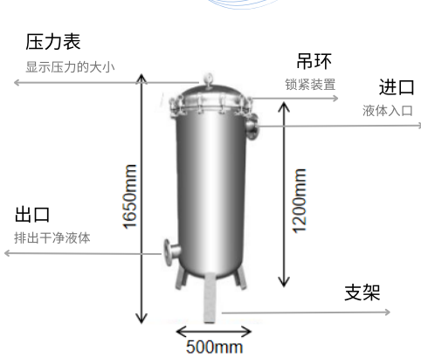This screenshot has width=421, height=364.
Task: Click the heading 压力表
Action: pyautogui.click(x=53, y=42)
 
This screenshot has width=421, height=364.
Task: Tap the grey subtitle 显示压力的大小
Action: pyautogui.click(x=70, y=67)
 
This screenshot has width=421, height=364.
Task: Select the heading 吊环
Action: pyautogui.click(x=314, y=61)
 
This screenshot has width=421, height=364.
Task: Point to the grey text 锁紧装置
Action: pyautogui.click(x=310, y=85)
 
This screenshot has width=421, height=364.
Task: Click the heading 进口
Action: pyautogui.click(x=397, y=87)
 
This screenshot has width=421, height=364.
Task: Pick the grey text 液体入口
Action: pyautogui.click(x=388, y=111)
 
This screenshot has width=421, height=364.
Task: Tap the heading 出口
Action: pyautogui.click(x=32, y=215)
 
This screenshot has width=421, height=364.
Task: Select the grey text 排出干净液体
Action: pyautogui.click(x=52, y=237)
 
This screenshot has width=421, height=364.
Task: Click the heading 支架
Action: pyautogui.click(x=362, y=292)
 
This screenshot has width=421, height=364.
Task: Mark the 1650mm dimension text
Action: pyautogui.click(x=129, y=196)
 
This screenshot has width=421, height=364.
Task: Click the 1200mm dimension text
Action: pyautogui.click(x=300, y=201)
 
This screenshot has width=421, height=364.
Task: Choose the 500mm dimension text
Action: pyautogui.click(x=214, y=347)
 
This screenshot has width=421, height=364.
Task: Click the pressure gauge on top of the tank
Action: pyautogui.click(x=208, y=80)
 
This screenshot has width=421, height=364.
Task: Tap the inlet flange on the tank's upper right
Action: pyautogui.click(x=252, y=127)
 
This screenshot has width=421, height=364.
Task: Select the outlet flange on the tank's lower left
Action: pyautogui.click(x=171, y=251)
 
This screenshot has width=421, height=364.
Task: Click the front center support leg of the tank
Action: pyautogui.click(x=210, y=298)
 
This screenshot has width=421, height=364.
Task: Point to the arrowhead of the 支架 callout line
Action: pyautogui.click(x=388, y=312)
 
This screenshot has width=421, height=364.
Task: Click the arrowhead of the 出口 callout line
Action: pyautogui.click(x=7, y=253)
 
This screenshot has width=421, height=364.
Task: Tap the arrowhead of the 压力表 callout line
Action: pyautogui.click(x=17, y=83)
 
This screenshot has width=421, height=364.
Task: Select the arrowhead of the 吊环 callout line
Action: pyautogui.click(x=335, y=98)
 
